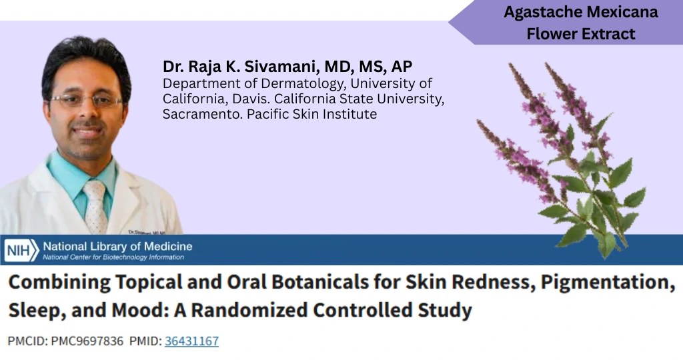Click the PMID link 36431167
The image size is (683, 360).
(191, 341)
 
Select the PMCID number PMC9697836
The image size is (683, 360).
(87, 341)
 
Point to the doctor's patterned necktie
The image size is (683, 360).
(95, 207)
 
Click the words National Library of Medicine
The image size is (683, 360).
(117, 247)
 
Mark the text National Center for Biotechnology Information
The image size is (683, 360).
(113, 257)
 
